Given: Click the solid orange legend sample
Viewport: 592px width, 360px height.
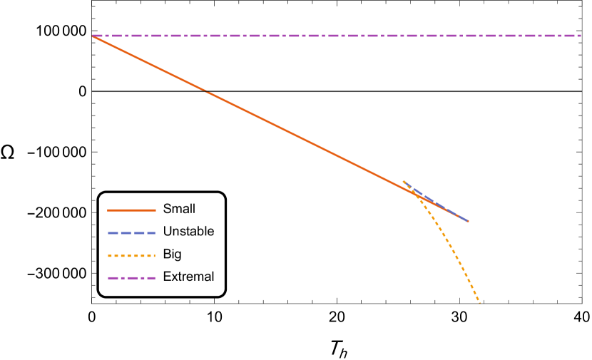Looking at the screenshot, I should coord(131,210).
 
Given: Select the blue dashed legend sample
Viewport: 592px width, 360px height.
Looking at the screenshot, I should coord(131,233).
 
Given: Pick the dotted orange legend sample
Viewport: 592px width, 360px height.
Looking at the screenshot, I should coord(131,255).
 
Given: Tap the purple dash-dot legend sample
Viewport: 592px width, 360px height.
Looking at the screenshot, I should coord(131,278).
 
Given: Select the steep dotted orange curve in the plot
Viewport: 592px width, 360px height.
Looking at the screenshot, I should coord(453,250).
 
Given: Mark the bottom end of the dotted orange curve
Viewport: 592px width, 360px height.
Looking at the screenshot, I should coord(479,302).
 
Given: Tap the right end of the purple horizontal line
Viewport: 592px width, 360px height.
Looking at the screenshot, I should coord(580,36).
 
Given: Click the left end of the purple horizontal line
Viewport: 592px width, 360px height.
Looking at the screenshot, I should coord(93,36).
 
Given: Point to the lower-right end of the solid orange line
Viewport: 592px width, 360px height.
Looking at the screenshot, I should coord(468,221).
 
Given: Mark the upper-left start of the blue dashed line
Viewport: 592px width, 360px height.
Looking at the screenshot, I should coord(404,181).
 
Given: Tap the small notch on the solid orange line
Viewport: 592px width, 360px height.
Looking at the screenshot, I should coord(205,91).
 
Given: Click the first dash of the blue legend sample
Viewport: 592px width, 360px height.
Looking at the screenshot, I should coord(113,233).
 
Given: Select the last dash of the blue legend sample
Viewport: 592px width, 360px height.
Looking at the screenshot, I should coord(150,233).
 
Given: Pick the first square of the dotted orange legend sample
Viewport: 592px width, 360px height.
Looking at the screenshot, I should coord(110,255).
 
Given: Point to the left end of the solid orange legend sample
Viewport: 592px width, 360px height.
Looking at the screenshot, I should coord(108,210).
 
